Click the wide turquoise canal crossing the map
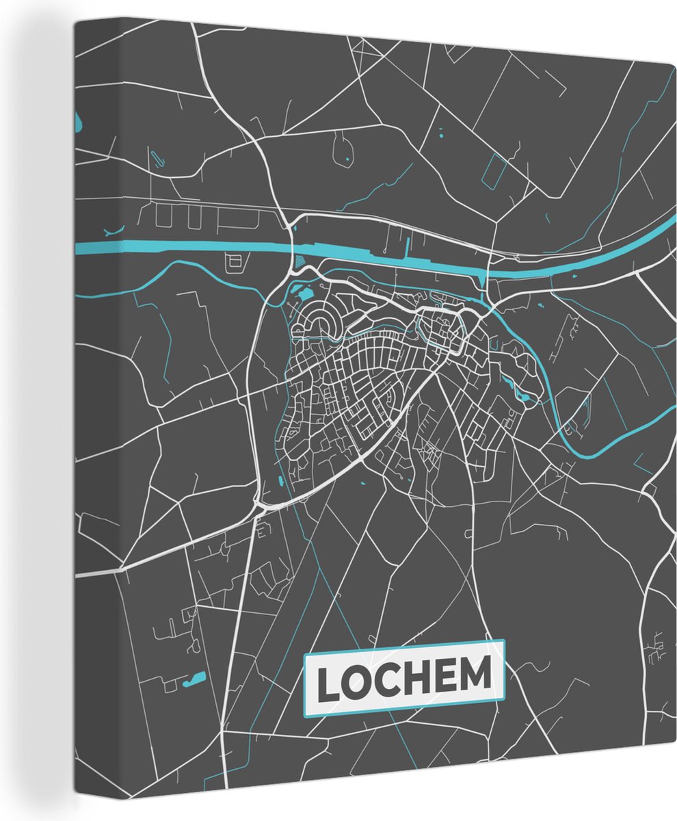click(x=205, y=246)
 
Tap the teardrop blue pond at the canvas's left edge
click(x=79, y=124)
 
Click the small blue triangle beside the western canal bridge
click(x=300, y=261)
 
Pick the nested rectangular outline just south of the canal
click(x=233, y=261)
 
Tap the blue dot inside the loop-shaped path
click(x=347, y=159)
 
